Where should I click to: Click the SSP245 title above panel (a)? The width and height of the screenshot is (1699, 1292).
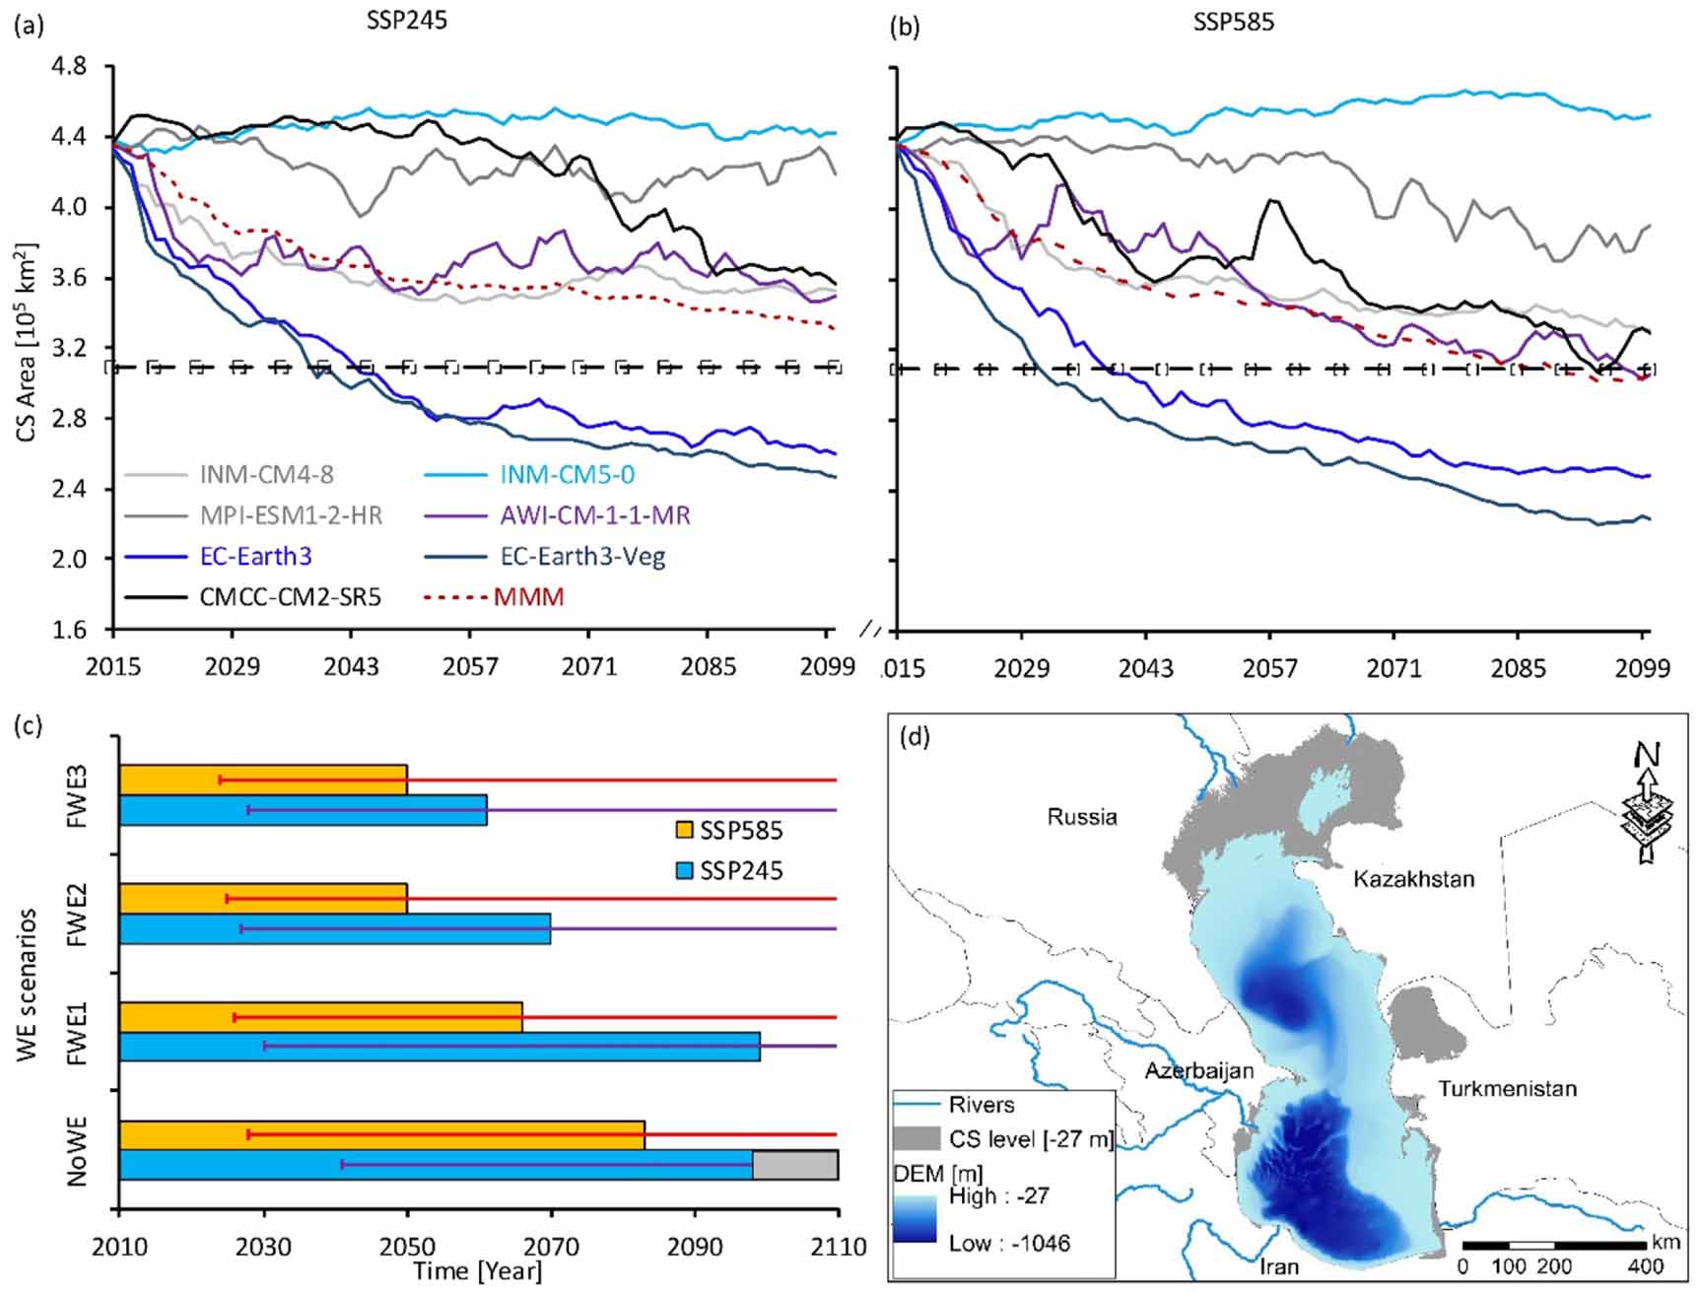click(x=406, y=21)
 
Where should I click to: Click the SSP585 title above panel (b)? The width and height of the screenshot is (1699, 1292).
click(x=1233, y=22)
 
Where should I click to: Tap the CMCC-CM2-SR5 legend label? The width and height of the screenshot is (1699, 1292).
click(x=290, y=596)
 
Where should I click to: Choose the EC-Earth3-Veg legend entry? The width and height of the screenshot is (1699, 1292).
click(x=582, y=556)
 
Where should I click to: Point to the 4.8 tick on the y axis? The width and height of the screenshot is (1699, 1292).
click(x=68, y=66)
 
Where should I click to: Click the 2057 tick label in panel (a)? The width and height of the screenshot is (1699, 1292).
click(x=470, y=667)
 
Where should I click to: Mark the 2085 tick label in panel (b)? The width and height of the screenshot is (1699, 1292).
click(x=1518, y=668)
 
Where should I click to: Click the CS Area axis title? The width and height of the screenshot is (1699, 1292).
click(x=27, y=340)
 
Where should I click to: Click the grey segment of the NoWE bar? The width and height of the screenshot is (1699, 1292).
click(x=795, y=1164)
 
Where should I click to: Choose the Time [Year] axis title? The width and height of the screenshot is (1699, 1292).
click(x=478, y=1271)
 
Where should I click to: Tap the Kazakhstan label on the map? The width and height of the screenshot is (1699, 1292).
click(x=1413, y=879)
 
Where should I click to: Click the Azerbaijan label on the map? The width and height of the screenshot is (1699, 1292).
click(x=1198, y=1070)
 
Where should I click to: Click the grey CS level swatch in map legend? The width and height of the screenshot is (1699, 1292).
click(x=917, y=1139)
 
